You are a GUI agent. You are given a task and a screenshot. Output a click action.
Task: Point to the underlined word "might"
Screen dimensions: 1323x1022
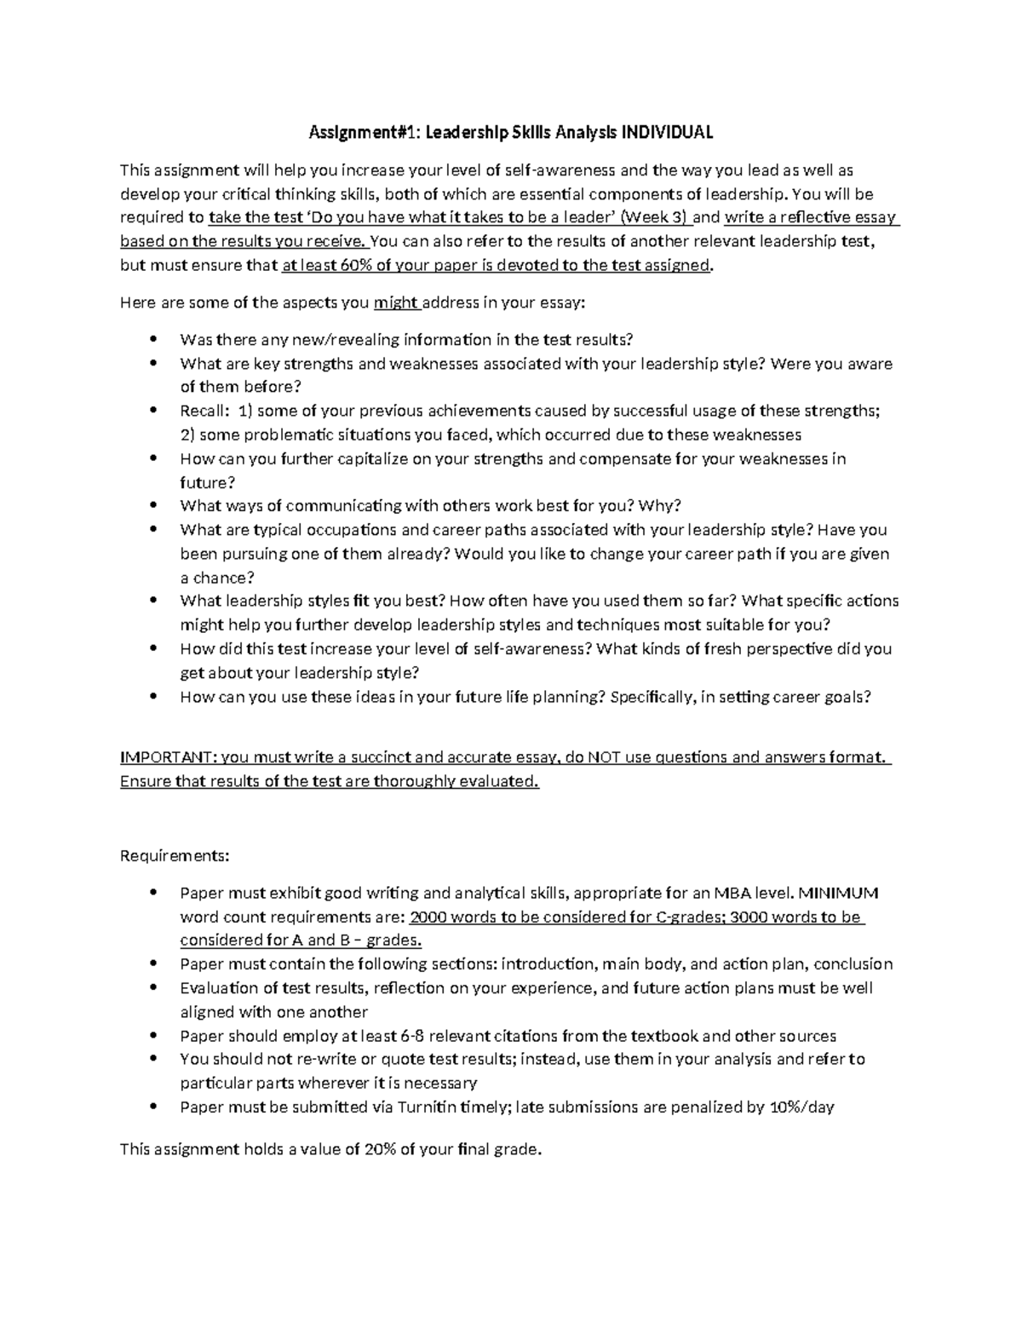coord(395,302)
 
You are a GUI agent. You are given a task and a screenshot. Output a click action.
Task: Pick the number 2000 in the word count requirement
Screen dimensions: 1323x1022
coord(429,917)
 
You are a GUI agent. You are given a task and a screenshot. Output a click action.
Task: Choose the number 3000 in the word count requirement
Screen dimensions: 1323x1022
coord(749,917)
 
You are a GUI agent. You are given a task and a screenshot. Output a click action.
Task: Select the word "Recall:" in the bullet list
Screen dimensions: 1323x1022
coord(204,411)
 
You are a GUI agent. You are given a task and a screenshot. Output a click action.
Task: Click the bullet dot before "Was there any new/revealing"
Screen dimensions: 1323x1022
coord(153,339)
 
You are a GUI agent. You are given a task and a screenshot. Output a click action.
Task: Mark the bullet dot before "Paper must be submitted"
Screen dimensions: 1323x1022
coord(153,1107)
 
